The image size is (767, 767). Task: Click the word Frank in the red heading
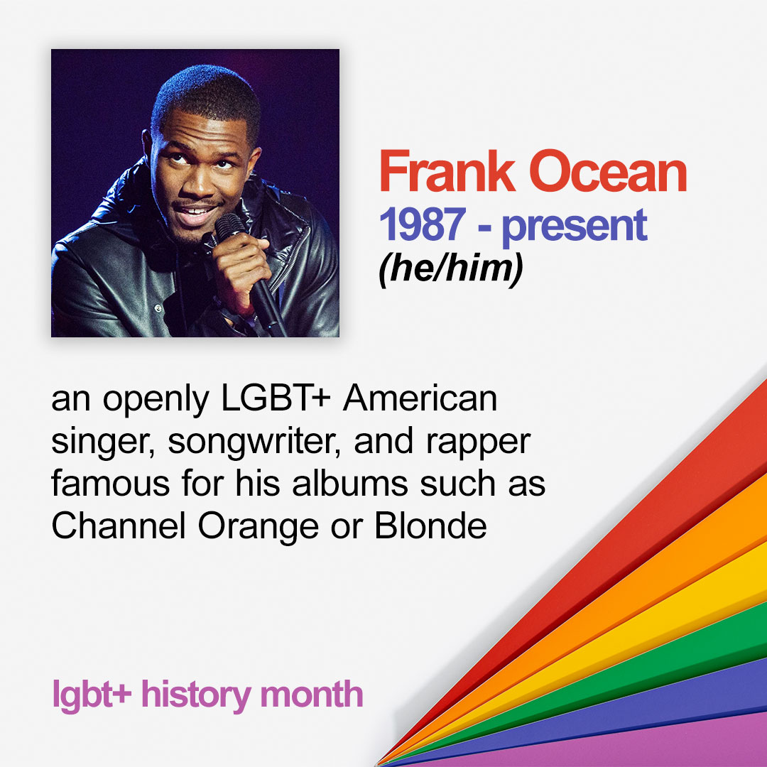point(447,172)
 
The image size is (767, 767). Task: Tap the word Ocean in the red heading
point(608,172)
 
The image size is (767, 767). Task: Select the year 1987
point(422,224)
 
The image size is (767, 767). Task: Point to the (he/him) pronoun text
point(450,269)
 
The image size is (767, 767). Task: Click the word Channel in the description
point(119,526)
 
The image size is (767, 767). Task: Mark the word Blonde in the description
point(430,526)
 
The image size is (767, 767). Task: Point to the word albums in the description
point(349,483)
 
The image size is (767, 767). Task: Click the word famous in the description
point(111,483)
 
